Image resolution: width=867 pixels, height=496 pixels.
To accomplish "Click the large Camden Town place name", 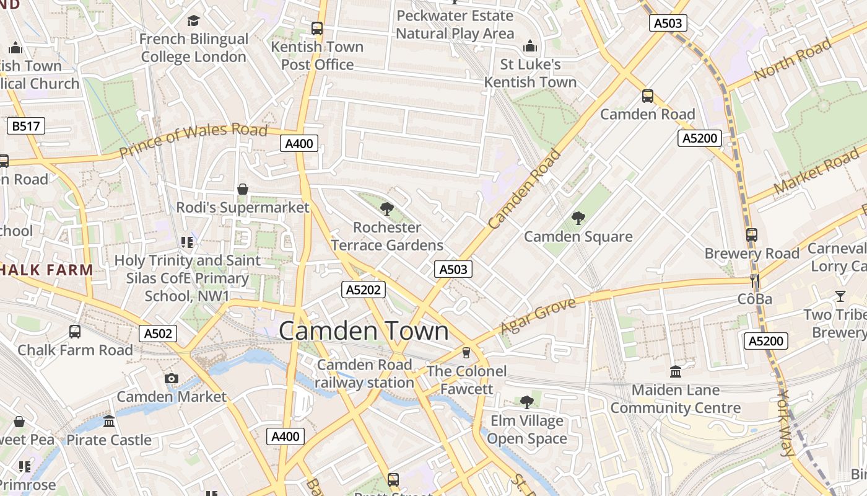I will [x=364, y=331].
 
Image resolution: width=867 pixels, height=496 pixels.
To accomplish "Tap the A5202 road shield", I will [x=364, y=290].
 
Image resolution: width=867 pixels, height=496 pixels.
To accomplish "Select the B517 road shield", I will [x=26, y=126].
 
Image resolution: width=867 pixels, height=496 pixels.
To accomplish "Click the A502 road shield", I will [x=158, y=334].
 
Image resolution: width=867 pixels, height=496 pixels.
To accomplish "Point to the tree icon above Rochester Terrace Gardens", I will [x=387, y=209].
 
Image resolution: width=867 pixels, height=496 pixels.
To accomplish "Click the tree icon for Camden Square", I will [x=578, y=218].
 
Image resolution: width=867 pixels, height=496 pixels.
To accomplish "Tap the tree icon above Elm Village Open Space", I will [x=527, y=402].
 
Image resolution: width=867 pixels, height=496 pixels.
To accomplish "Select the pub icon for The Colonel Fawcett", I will [x=466, y=353].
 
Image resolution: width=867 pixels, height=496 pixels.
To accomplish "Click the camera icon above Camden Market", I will [x=172, y=378].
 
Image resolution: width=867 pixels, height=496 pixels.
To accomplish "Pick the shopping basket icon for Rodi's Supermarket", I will [x=243, y=188].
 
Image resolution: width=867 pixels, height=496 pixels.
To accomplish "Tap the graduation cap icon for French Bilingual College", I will [x=193, y=21].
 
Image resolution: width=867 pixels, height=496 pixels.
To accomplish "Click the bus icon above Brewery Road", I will [x=752, y=235].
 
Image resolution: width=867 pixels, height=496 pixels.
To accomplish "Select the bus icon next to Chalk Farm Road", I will [x=75, y=332].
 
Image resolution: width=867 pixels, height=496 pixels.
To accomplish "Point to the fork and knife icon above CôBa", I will [x=754, y=280].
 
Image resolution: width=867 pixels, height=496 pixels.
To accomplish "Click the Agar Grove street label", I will [x=538, y=315].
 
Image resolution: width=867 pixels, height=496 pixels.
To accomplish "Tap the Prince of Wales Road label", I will [x=193, y=139].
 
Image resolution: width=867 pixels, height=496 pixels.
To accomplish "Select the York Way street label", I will [x=785, y=423].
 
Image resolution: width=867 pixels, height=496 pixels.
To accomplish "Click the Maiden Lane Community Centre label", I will [x=675, y=399].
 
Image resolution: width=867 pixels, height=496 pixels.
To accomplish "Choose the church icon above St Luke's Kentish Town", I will [x=530, y=46].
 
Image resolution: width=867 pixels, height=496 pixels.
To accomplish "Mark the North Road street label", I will [x=793, y=60].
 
